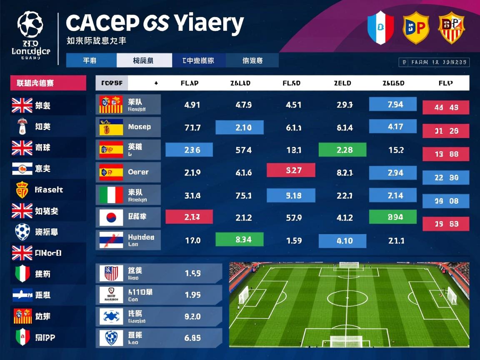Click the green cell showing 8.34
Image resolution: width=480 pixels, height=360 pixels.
[x=240, y=240]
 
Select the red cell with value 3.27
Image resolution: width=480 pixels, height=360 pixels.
[x=291, y=170]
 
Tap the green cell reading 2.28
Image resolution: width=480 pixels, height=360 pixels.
[x=342, y=150]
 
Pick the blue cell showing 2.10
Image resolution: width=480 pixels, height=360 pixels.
[x=240, y=127]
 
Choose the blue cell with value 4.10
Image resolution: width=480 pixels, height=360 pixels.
[x=342, y=241]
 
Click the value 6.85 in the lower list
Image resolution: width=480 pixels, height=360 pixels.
[x=192, y=338]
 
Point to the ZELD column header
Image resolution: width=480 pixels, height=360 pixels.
[x=342, y=83]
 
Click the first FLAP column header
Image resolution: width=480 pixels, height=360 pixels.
[x=190, y=83]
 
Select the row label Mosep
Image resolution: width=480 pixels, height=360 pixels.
[x=140, y=127]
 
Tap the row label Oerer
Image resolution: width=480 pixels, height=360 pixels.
[x=138, y=172]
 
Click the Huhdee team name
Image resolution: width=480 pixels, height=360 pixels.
[x=141, y=237]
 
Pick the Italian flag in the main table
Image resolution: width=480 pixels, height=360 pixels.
[x=111, y=195]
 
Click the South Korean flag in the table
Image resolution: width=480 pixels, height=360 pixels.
[x=111, y=217]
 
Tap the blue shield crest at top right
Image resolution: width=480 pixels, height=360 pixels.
[x=380, y=28]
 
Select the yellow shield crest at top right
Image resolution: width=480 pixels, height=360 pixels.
[x=416, y=28]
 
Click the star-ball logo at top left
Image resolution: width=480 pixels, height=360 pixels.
[x=30, y=24]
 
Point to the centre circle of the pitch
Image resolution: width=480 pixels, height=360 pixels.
[x=347, y=298]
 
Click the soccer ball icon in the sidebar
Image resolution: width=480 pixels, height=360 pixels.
[x=22, y=232]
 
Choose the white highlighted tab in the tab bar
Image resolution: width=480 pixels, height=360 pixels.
[x=144, y=60]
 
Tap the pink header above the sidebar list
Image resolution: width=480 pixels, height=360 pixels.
[x=48, y=83]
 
